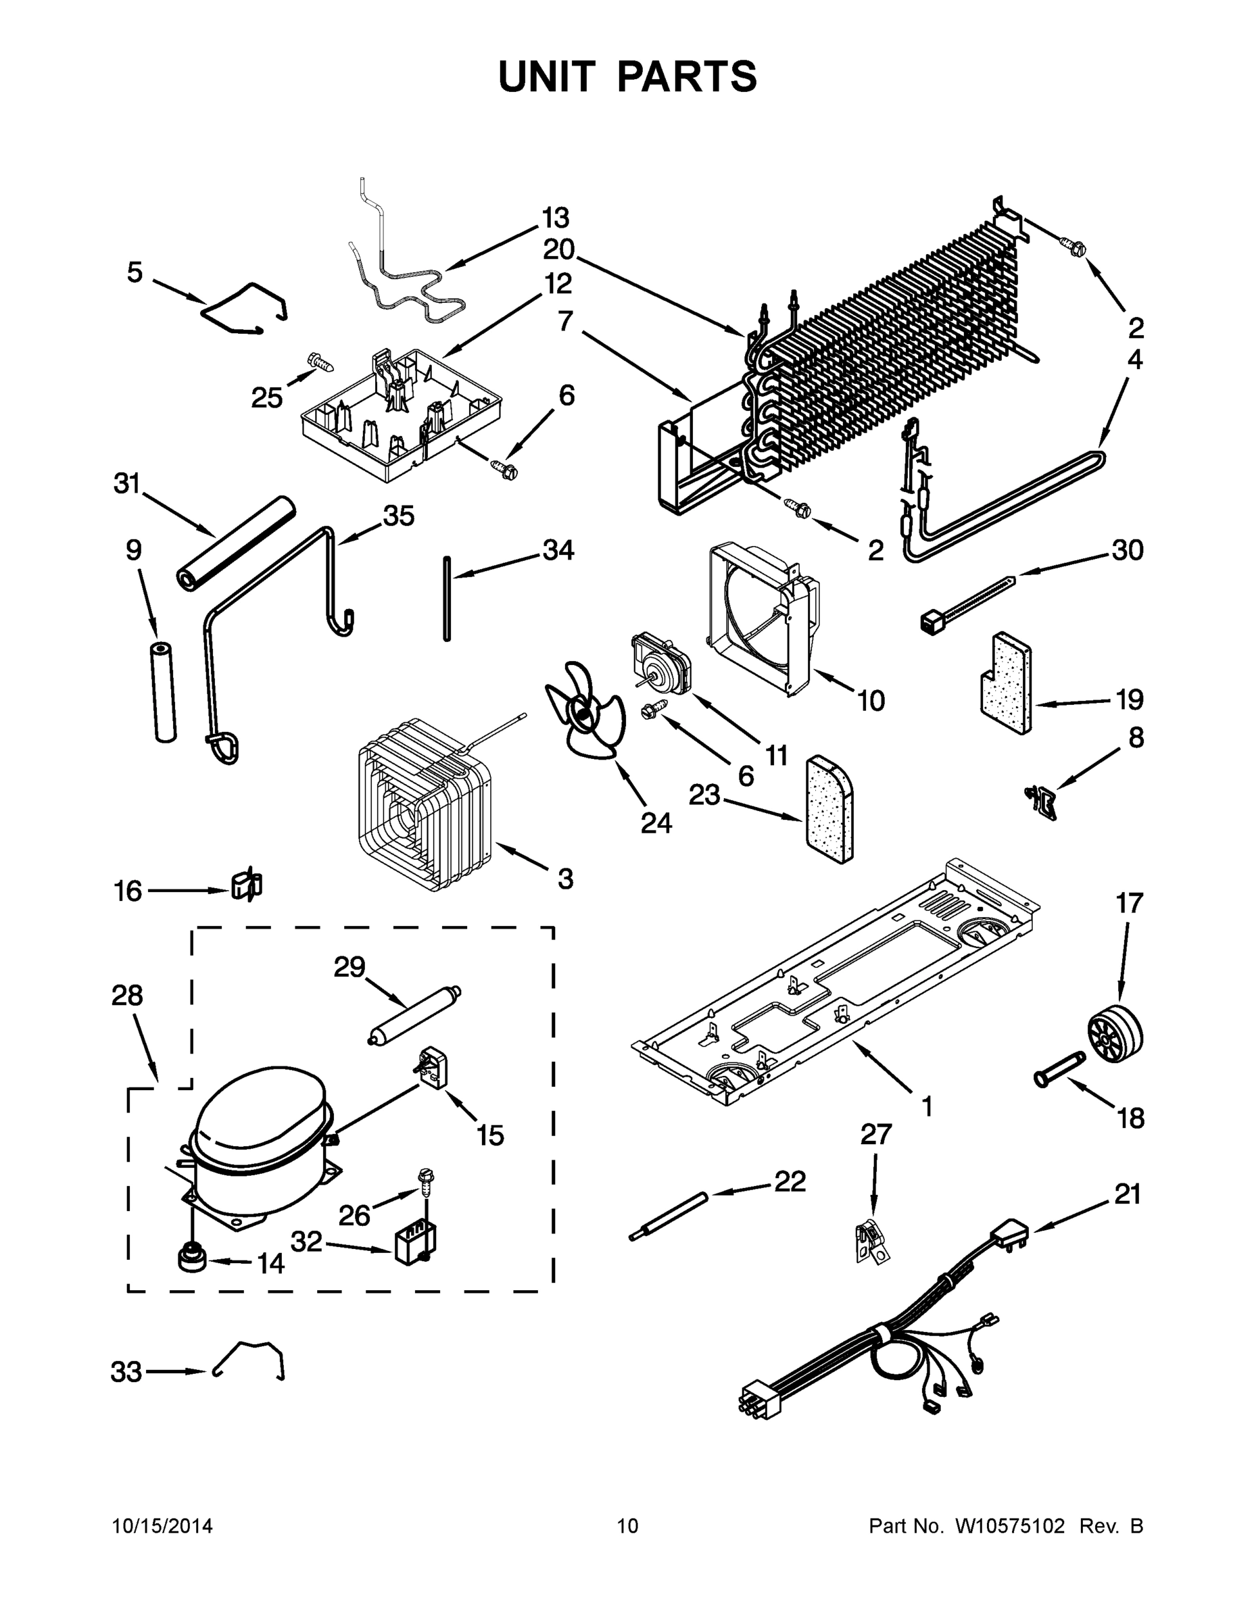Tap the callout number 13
pyautogui.click(x=555, y=218)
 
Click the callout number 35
pyautogui.click(x=398, y=516)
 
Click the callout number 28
pyautogui.click(x=127, y=996)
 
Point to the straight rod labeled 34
pyautogui.click(x=446, y=597)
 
